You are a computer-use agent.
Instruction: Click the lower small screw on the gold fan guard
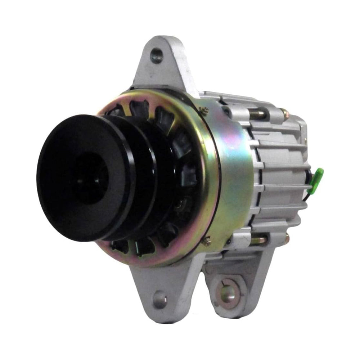(x=206, y=242)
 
